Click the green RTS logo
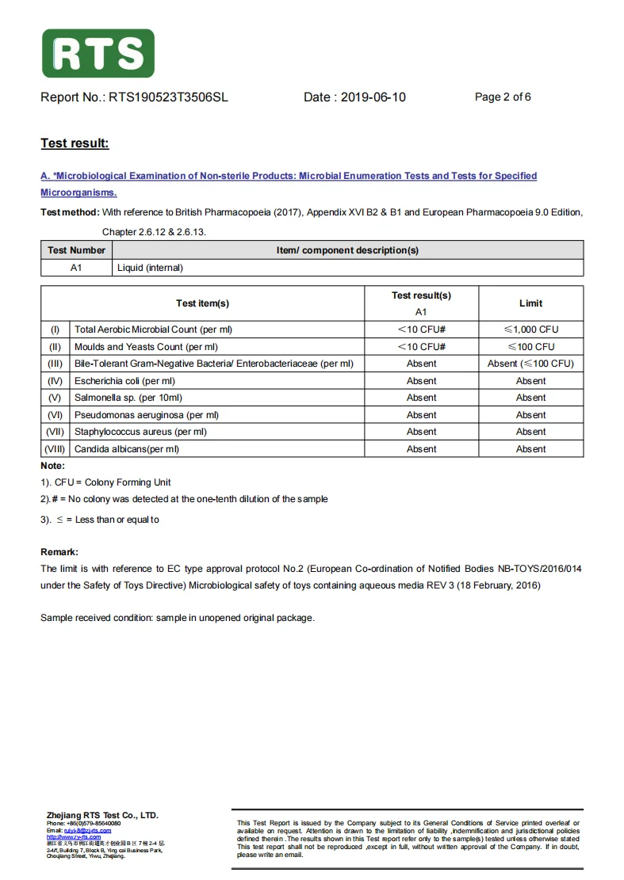click(98, 54)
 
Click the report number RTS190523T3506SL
click(168, 97)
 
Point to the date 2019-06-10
click(373, 97)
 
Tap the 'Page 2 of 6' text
click(503, 97)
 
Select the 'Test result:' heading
click(75, 143)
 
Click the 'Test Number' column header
click(76, 250)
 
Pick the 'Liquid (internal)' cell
click(150, 268)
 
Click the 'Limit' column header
click(530, 303)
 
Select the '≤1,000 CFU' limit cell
click(530, 330)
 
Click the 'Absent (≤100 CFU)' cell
click(530, 364)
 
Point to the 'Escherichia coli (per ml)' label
click(124, 381)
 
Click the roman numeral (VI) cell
click(56, 415)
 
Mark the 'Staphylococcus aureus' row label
click(140, 432)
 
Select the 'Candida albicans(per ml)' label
click(127, 449)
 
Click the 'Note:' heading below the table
click(53, 466)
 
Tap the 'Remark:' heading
click(59, 551)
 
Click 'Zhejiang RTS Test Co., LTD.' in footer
click(102, 815)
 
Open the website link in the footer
click(74, 836)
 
